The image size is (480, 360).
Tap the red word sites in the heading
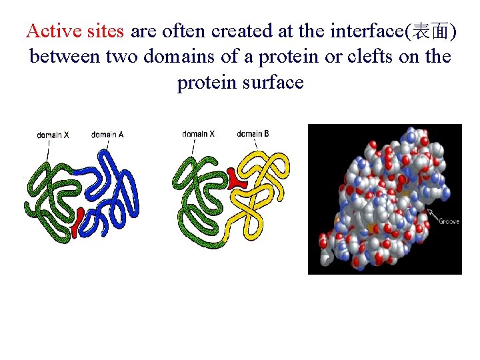tap(106, 31)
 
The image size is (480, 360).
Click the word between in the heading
tap(65, 57)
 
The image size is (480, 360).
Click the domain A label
tap(107, 135)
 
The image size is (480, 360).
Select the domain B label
tap(253, 134)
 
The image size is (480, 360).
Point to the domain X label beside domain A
tap(53, 135)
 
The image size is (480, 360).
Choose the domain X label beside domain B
tap(198, 134)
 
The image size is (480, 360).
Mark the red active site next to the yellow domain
tap(235, 178)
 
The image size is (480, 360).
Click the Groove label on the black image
tap(448, 221)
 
